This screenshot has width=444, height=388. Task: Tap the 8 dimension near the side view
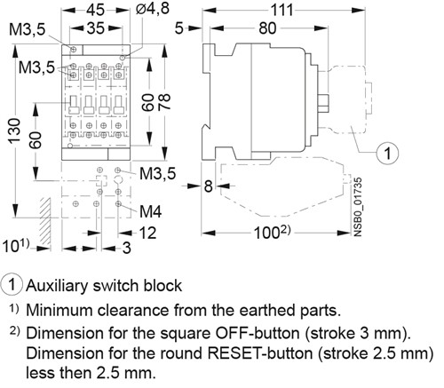coord(207,186)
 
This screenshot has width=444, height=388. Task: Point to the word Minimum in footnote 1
coord(59,311)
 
